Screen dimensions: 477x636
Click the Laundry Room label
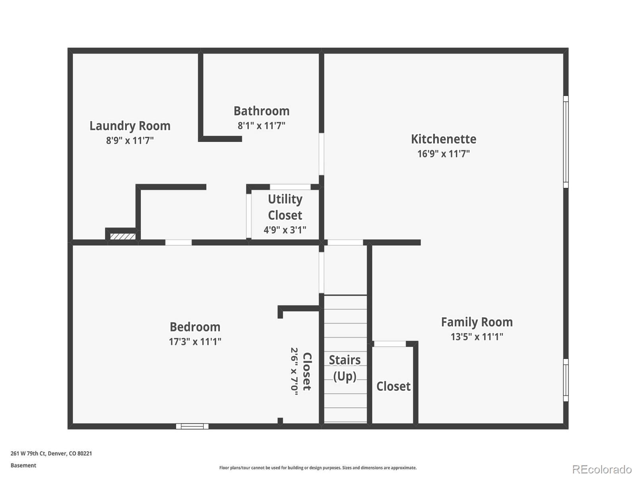click(130, 126)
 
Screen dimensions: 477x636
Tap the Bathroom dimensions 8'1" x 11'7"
click(261, 126)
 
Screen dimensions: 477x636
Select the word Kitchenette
click(443, 139)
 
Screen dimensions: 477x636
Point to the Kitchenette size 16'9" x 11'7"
click(443, 154)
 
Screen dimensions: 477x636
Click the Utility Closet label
click(285, 207)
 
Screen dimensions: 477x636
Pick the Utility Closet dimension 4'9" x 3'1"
click(285, 230)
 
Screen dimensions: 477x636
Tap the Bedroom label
click(195, 327)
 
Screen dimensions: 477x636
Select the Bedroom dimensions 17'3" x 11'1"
click(195, 341)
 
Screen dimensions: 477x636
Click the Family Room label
click(477, 322)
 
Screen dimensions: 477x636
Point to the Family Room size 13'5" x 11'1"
click(477, 337)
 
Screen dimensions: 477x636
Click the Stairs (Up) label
click(345, 368)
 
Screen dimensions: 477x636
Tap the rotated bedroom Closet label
click(307, 371)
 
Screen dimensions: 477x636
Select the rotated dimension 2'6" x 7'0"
click(294, 371)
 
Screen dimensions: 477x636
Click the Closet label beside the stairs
click(393, 386)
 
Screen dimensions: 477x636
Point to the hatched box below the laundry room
click(123, 237)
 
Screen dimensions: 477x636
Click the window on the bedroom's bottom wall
click(192, 426)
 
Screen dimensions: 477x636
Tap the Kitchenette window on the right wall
click(566, 142)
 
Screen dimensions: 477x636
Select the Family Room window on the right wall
click(566, 380)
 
